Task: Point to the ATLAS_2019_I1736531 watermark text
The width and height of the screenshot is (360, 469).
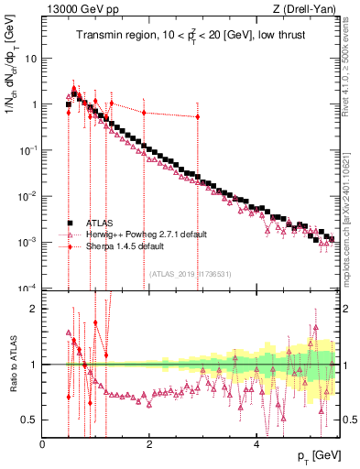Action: [190, 273]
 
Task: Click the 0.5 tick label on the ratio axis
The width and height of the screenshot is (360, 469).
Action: [28, 420]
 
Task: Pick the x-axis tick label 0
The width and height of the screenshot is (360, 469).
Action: [42, 444]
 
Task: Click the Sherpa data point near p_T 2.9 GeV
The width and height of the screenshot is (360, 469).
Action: [197, 116]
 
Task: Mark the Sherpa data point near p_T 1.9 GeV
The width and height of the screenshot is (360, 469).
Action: [144, 112]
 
